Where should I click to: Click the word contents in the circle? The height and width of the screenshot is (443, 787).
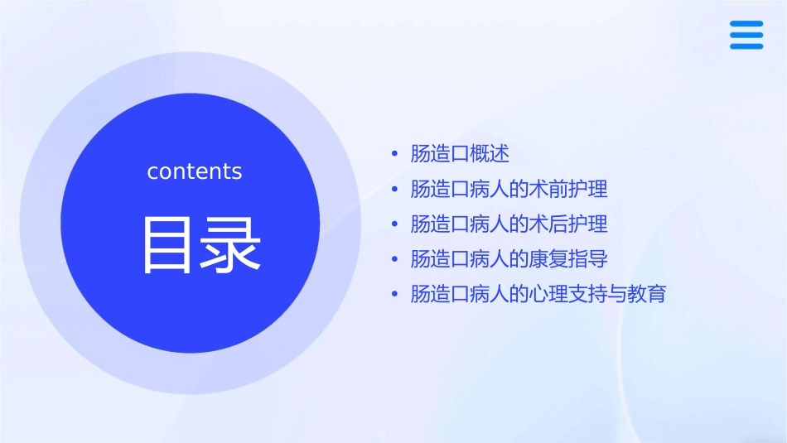point(195,171)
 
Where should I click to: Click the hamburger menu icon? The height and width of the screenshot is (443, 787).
point(746,35)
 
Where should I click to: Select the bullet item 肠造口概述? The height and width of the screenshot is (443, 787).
point(460,154)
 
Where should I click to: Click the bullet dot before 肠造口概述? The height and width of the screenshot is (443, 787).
point(394,154)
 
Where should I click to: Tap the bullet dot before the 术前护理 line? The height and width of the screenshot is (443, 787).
point(394,190)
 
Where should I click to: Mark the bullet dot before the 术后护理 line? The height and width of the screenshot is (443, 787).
point(394,224)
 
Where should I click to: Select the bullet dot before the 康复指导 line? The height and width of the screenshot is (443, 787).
point(394,259)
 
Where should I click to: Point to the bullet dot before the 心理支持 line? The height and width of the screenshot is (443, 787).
point(394,294)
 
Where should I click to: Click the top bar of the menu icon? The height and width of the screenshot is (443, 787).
point(746,23)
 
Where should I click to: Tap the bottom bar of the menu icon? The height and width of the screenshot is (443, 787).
point(746,46)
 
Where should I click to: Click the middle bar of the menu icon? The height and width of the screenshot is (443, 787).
point(746,35)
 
